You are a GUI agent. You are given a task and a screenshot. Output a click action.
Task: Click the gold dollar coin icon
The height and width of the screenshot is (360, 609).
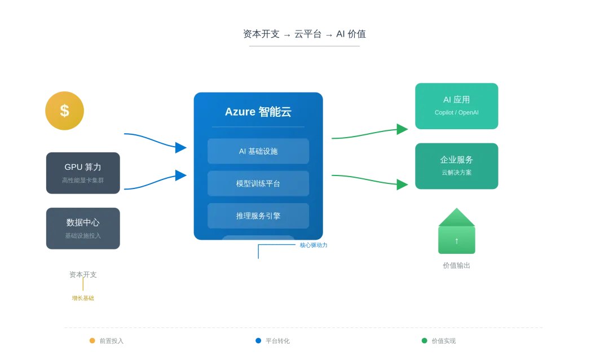pyautogui.click(x=65, y=111)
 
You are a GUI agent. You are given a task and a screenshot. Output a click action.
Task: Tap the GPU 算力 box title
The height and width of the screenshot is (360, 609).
pyautogui.click(x=83, y=167)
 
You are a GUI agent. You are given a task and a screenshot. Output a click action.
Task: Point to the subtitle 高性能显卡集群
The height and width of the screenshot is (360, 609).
pyautogui.click(x=83, y=181)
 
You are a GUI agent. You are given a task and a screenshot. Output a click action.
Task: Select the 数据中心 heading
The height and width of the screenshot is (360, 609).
pyautogui.click(x=83, y=222)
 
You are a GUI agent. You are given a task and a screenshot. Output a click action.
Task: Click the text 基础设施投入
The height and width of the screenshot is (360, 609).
pyautogui.click(x=83, y=236)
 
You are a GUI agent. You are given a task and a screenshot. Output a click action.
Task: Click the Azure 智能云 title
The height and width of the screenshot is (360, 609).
pyautogui.click(x=258, y=112)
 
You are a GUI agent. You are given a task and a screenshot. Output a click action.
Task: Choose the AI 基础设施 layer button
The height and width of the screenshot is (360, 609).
pyautogui.click(x=258, y=151)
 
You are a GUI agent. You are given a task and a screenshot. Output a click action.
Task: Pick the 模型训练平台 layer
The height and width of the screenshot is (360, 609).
pyautogui.click(x=258, y=183)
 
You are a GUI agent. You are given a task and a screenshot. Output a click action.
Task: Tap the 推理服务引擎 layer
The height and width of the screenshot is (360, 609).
pyautogui.click(x=258, y=216)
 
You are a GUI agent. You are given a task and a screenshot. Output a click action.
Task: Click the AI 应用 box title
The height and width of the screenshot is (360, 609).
pyautogui.click(x=457, y=100)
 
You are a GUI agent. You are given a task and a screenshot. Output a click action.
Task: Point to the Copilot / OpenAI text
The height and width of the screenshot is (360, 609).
pyautogui.click(x=457, y=113)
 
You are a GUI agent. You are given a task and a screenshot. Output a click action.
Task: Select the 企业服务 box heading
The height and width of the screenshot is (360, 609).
pyautogui.click(x=457, y=160)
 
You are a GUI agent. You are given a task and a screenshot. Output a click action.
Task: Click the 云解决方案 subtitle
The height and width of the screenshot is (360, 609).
pyautogui.click(x=457, y=173)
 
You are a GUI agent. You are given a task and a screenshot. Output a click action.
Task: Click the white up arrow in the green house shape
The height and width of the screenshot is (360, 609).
pyautogui.click(x=457, y=241)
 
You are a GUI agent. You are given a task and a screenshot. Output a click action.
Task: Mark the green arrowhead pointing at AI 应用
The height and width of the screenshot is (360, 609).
pyautogui.click(x=401, y=129)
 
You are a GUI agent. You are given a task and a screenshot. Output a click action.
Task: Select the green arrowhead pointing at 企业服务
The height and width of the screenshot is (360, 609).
pyautogui.click(x=401, y=185)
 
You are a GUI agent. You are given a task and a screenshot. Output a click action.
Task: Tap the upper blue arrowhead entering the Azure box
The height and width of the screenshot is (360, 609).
pyautogui.click(x=180, y=148)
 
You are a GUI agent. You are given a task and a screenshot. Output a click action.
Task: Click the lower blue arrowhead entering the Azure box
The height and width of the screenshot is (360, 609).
pyautogui.click(x=180, y=175)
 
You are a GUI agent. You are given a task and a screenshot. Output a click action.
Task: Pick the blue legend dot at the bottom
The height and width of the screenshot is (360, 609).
pyautogui.click(x=258, y=341)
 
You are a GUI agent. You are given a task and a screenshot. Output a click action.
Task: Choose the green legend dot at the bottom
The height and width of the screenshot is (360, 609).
pyautogui.click(x=424, y=341)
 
